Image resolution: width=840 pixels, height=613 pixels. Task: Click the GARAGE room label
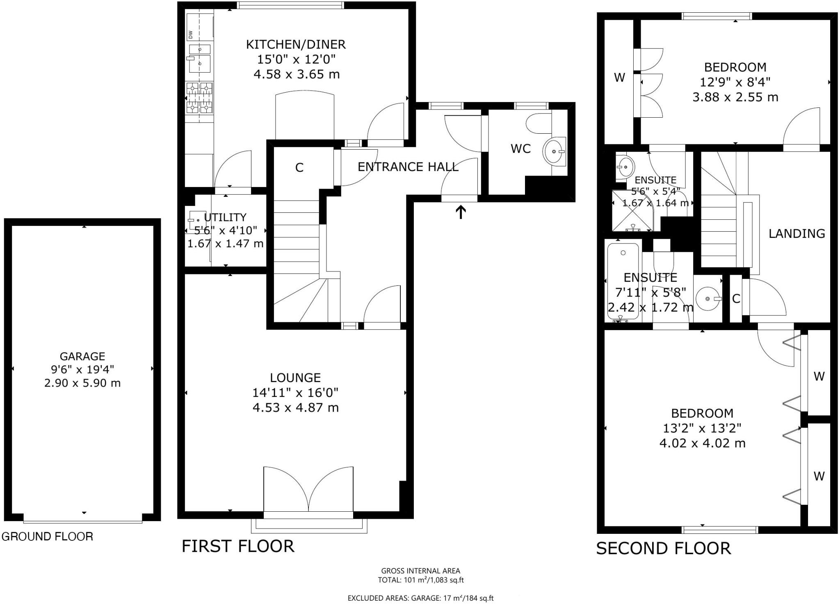coord(82,356)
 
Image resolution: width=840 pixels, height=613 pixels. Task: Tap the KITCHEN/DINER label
coord(296,44)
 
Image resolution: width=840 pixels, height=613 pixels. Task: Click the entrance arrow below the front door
coord(461,212)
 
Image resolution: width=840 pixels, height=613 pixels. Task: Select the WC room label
coord(520,149)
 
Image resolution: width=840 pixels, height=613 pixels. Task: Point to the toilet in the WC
coord(539,123)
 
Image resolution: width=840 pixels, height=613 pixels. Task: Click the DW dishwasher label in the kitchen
coord(191,35)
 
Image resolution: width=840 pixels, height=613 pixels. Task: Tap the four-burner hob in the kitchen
coord(199,98)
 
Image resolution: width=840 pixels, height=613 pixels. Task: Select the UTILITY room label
coord(225,217)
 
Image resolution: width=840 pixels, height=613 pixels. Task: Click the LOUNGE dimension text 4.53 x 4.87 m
coord(296,408)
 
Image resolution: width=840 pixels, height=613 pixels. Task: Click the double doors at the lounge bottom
coord(308,490)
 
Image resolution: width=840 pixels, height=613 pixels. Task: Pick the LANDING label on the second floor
coord(797,234)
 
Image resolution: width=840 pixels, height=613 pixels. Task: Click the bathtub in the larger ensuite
coord(623,281)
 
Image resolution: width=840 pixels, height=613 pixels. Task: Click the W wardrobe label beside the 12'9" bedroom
coord(619,77)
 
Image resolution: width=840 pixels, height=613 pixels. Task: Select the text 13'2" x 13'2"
coord(702,428)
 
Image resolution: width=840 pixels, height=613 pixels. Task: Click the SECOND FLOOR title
coord(663,549)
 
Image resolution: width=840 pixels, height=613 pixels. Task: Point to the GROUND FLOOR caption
coord(48,536)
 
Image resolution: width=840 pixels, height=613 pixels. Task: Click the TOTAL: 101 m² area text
coord(420,580)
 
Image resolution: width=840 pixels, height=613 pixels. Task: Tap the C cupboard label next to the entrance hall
coord(299,168)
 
